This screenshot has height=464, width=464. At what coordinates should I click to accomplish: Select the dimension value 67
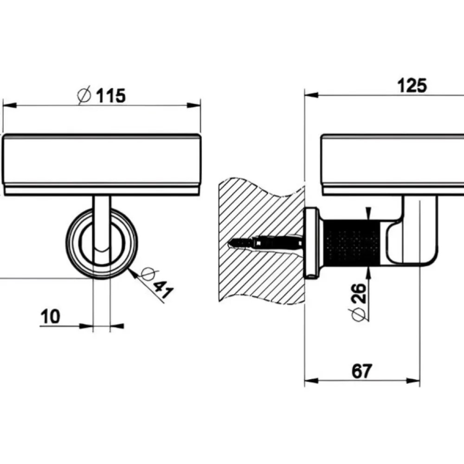(361, 371)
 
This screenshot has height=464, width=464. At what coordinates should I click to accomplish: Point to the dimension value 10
(50, 316)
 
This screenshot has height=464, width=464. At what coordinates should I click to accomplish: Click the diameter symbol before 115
(84, 95)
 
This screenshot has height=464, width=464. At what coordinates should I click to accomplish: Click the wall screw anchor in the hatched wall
(265, 242)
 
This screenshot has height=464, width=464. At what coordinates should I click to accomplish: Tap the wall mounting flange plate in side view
(312, 243)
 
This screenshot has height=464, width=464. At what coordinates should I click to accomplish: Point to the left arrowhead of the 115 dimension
(9, 105)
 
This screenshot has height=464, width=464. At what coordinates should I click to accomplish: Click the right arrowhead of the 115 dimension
(194, 105)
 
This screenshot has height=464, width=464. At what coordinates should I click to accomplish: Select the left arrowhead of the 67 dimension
(311, 380)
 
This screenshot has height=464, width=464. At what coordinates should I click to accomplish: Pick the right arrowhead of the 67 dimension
(413, 380)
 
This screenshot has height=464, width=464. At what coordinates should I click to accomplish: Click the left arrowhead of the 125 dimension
(311, 95)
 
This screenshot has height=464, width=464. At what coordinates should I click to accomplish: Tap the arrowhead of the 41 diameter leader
(133, 273)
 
